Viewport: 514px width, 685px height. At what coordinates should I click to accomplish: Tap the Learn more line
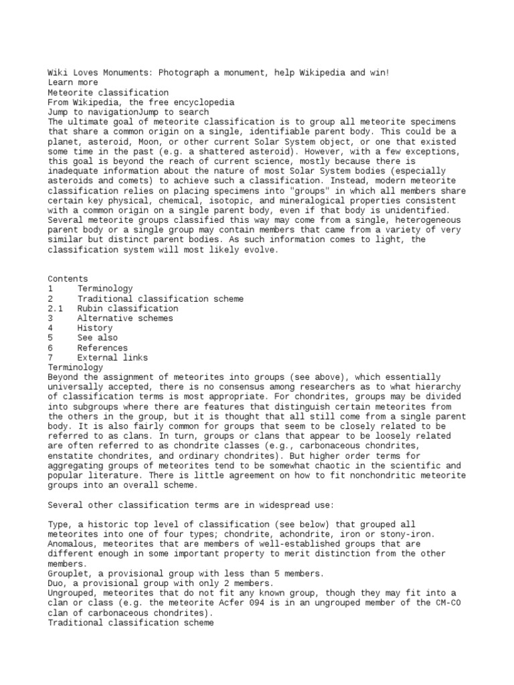pos(72,83)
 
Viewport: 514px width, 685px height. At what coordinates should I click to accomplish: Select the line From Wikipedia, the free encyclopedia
pos(141,102)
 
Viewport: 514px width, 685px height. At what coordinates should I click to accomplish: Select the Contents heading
pos(67,279)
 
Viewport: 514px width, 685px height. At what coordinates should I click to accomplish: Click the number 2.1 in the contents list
pos(55,308)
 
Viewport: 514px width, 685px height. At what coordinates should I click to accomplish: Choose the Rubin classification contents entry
pos(128,308)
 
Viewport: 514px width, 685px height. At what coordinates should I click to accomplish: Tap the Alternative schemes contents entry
pos(124,318)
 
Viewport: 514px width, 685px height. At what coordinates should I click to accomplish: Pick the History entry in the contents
pos(94,328)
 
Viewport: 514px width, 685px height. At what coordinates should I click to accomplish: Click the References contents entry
pos(102,348)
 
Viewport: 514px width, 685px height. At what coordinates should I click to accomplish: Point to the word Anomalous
pos(72,544)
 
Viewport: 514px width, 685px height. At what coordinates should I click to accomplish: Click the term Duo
pos(58,583)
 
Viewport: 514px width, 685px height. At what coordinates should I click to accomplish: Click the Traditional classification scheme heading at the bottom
pos(131,623)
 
